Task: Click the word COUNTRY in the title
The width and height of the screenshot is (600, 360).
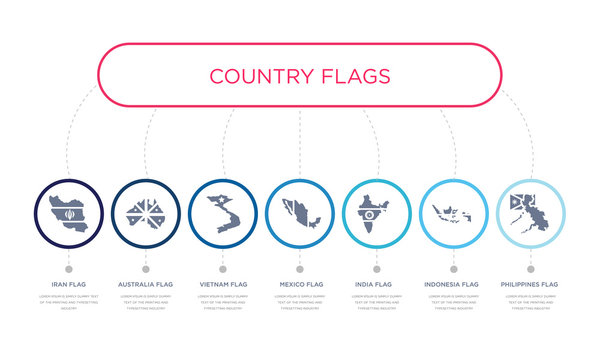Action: pyautogui.click(x=258, y=76)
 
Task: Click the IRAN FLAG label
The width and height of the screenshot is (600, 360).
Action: pyautogui.click(x=68, y=285)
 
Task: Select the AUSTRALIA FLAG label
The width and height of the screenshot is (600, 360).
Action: pyautogui.click(x=145, y=285)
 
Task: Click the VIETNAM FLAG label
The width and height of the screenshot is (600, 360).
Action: pyautogui.click(x=222, y=285)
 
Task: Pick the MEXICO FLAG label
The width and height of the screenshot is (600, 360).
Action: pyautogui.click(x=299, y=285)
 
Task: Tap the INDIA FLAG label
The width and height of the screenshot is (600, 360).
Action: pyautogui.click(x=376, y=285)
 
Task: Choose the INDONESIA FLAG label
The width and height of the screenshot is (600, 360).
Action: pyautogui.click(x=453, y=285)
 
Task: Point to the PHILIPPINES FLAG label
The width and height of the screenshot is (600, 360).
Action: pyautogui.click(x=530, y=285)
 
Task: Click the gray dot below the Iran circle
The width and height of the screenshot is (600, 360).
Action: pyautogui.click(x=68, y=268)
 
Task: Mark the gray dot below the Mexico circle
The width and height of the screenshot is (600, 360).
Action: pyautogui.click(x=299, y=268)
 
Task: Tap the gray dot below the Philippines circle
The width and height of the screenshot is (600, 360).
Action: pyautogui.click(x=530, y=268)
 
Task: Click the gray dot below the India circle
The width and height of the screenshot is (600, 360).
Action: pyautogui.click(x=376, y=268)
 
